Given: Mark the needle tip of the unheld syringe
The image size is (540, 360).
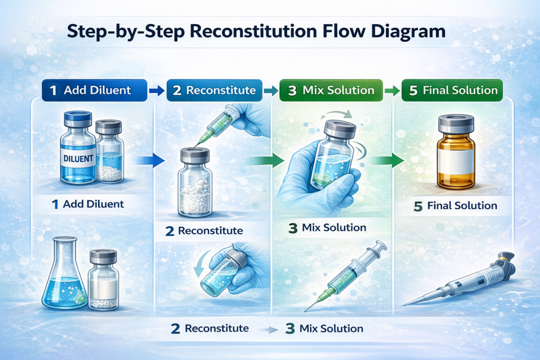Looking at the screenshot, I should [306, 310].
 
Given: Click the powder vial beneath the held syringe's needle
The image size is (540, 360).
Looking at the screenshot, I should [195, 184].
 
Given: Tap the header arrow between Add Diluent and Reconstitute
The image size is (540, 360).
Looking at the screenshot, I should [157, 90].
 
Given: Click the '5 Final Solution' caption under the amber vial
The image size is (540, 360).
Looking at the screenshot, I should [455, 206].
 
